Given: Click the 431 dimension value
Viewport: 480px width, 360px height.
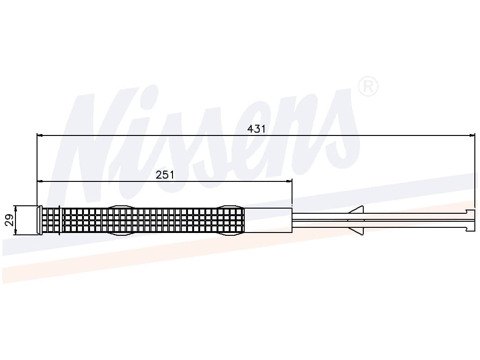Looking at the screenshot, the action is tap(256, 129).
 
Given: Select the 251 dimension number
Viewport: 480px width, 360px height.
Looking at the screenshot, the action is tap(165, 175).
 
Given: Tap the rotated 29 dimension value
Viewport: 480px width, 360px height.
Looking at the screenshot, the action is tap(9, 220).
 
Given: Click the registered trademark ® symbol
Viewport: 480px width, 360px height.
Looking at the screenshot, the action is tap(368, 86).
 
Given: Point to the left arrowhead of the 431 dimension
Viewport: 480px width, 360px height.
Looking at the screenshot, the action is tap(39, 135).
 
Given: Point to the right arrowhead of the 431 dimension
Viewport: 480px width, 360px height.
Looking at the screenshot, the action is tap(472, 135).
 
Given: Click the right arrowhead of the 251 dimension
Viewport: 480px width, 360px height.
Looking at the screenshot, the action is tap(290, 181).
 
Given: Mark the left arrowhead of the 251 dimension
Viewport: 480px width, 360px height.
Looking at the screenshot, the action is tap(39, 181).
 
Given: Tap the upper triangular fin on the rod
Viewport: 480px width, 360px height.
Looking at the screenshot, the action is tap(357, 210).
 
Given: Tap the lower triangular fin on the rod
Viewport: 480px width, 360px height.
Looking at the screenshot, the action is tap(357, 231).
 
